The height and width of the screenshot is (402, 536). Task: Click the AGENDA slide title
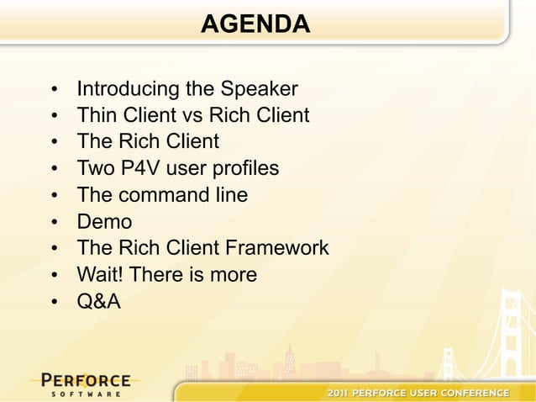pyautogui.click(x=255, y=24)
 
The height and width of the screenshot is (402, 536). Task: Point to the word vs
pyautogui.click(x=186, y=115)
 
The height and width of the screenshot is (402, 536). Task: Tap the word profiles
pyautogui.click(x=244, y=169)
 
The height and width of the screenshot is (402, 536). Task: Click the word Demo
pyautogui.click(x=104, y=223)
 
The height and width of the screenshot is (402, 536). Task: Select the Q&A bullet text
pyautogui.click(x=98, y=303)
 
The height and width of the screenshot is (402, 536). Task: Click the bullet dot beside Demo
pyautogui.click(x=53, y=224)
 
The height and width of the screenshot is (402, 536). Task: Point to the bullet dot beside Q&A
pyautogui.click(x=53, y=304)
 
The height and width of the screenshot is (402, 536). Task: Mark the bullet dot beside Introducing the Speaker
pyautogui.click(x=53, y=90)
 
